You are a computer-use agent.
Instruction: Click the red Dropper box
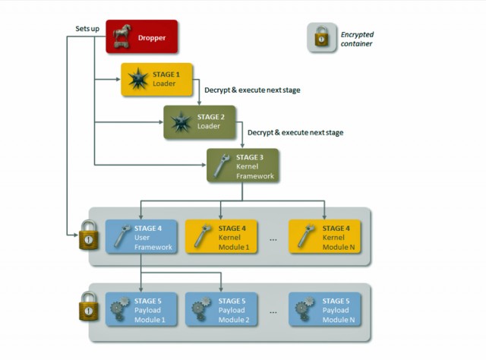coord(141,36)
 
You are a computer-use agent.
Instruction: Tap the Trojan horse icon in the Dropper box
coord(123,36)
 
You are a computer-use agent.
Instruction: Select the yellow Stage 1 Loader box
coord(157,80)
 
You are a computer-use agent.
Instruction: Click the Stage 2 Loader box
coord(200,122)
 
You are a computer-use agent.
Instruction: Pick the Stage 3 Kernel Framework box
coord(243,165)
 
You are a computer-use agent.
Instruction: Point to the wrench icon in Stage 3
coord(222,166)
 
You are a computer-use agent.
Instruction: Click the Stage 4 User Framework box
coord(141,238)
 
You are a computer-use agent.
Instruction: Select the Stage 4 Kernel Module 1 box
coord(220,238)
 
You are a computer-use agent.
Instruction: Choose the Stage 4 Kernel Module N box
coord(324,238)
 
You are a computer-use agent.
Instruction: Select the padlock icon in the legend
coord(321,38)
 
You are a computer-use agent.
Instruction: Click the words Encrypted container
coord(357,39)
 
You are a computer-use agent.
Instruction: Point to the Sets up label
coord(88,28)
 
